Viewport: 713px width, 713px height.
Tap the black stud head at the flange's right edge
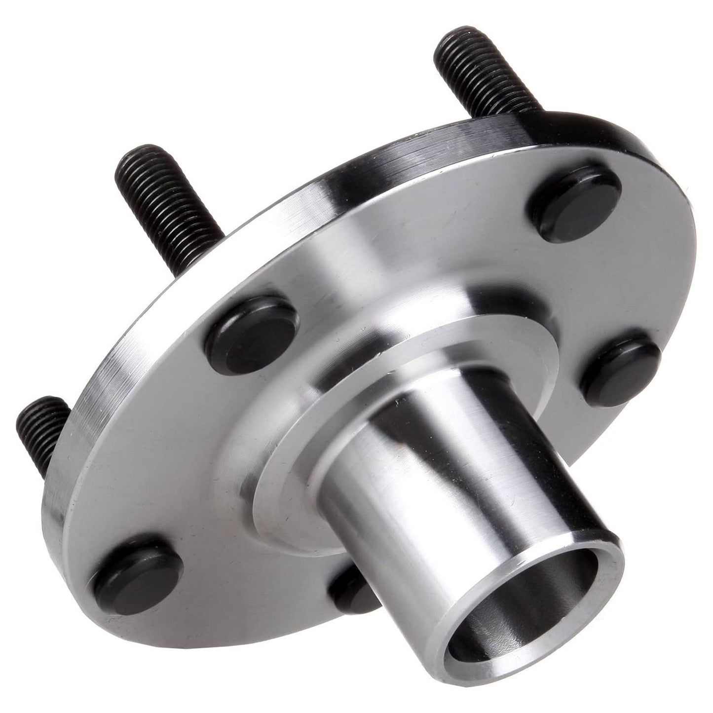[x=622, y=368]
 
